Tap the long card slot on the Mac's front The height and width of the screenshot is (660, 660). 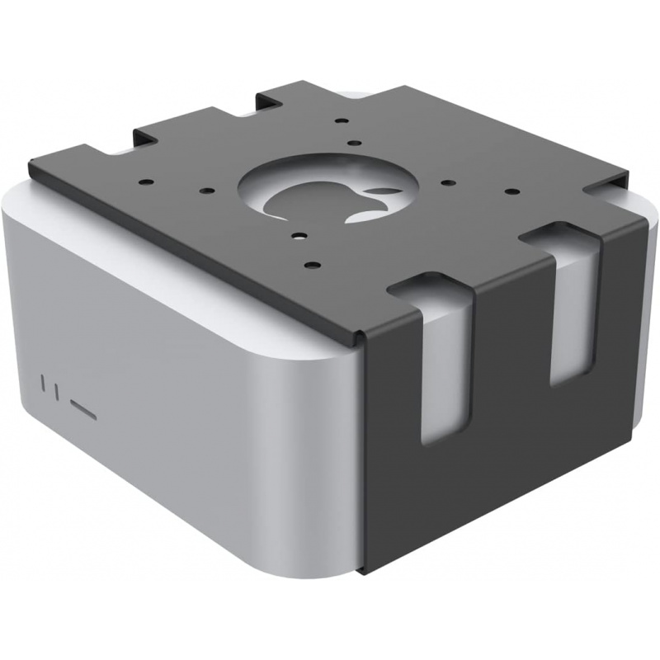[84, 407]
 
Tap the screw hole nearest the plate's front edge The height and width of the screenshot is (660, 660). [310, 265]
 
